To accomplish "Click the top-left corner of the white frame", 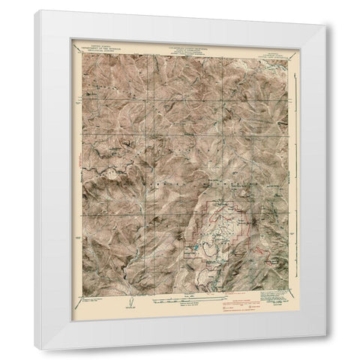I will [34, 10].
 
